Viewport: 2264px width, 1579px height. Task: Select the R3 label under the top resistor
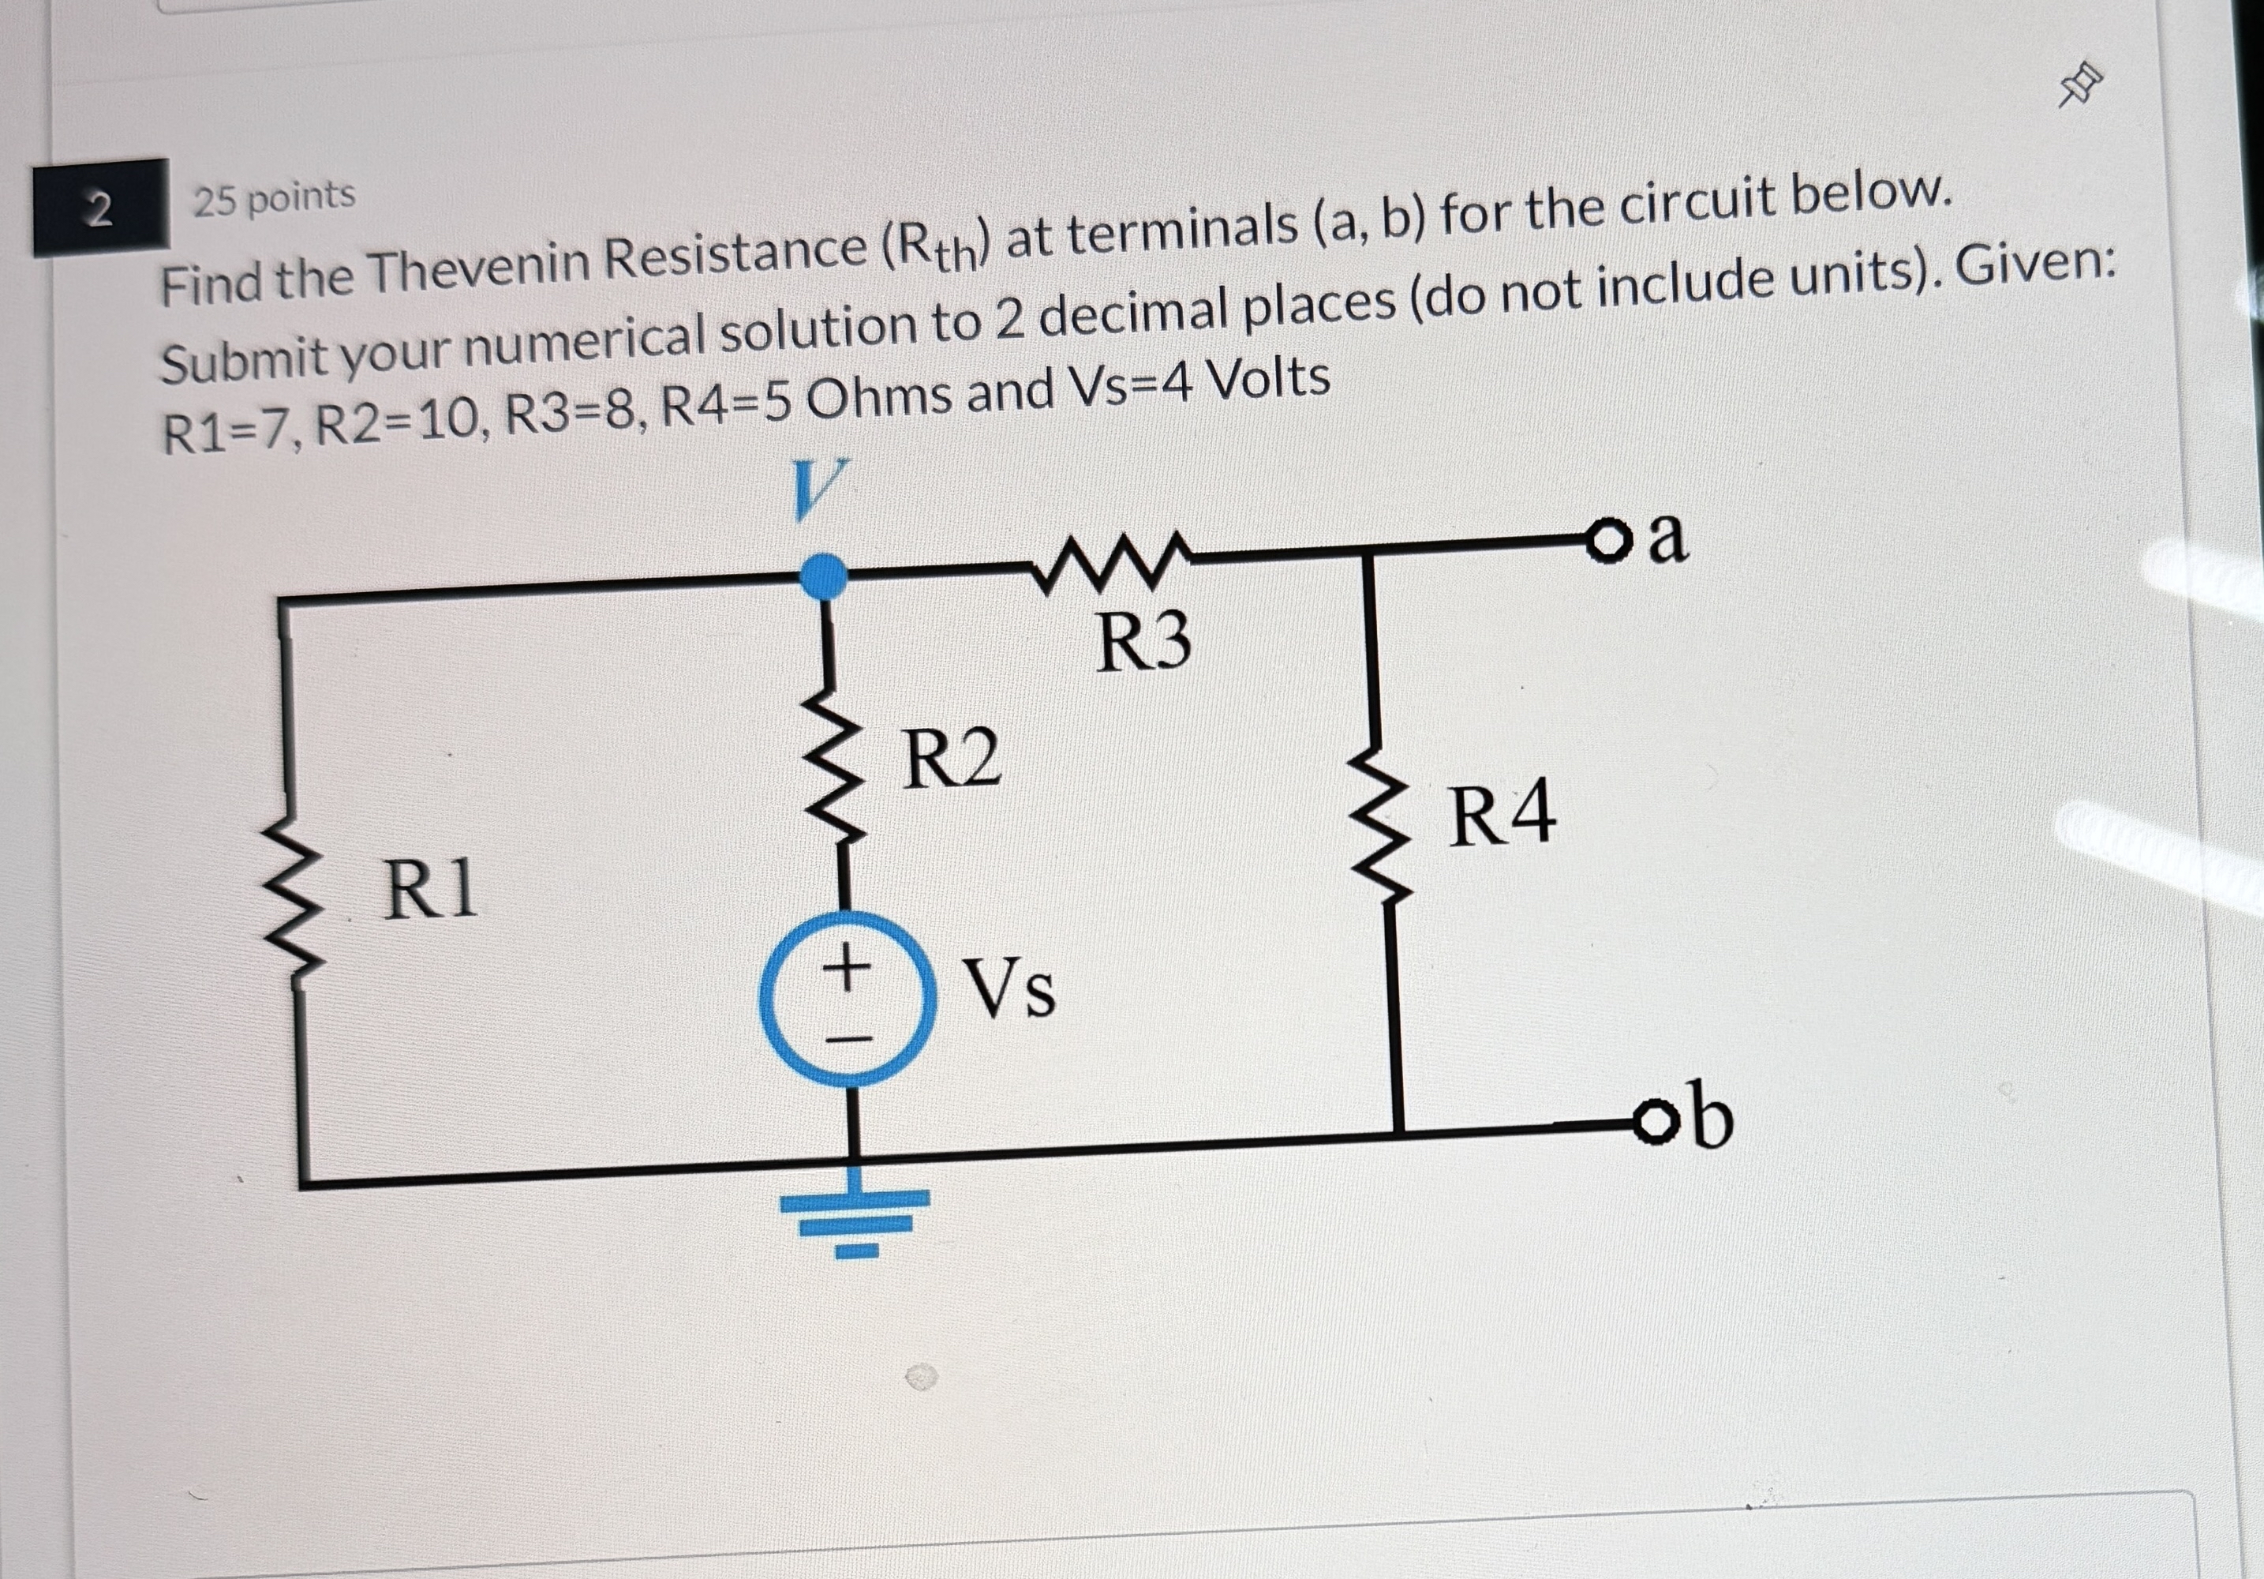[x=1143, y=642]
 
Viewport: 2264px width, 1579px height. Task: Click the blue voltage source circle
[x=847, y=999]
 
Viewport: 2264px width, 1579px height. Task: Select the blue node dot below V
[x=821, y=576]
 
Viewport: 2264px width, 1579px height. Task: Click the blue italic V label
[x=818, y=489]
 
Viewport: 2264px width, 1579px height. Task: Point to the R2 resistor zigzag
[x=836, y=764]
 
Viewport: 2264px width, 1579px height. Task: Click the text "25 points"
[x=274, y=198]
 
